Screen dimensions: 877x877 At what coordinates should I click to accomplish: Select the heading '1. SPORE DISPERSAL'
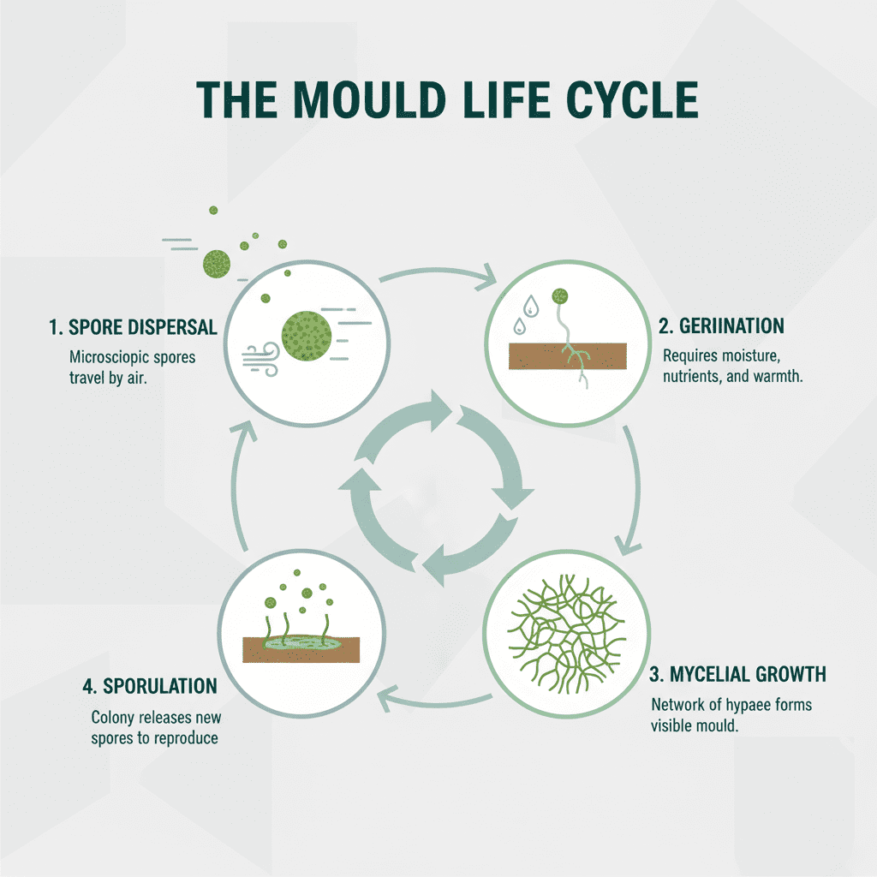click(x=133, y=329)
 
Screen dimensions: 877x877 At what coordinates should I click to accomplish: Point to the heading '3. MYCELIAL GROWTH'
click(x=737, y=674)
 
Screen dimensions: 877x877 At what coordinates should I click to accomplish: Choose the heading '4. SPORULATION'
click(x=149, y=686)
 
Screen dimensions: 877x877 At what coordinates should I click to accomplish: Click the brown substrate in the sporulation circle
click(x=300, y=648)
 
